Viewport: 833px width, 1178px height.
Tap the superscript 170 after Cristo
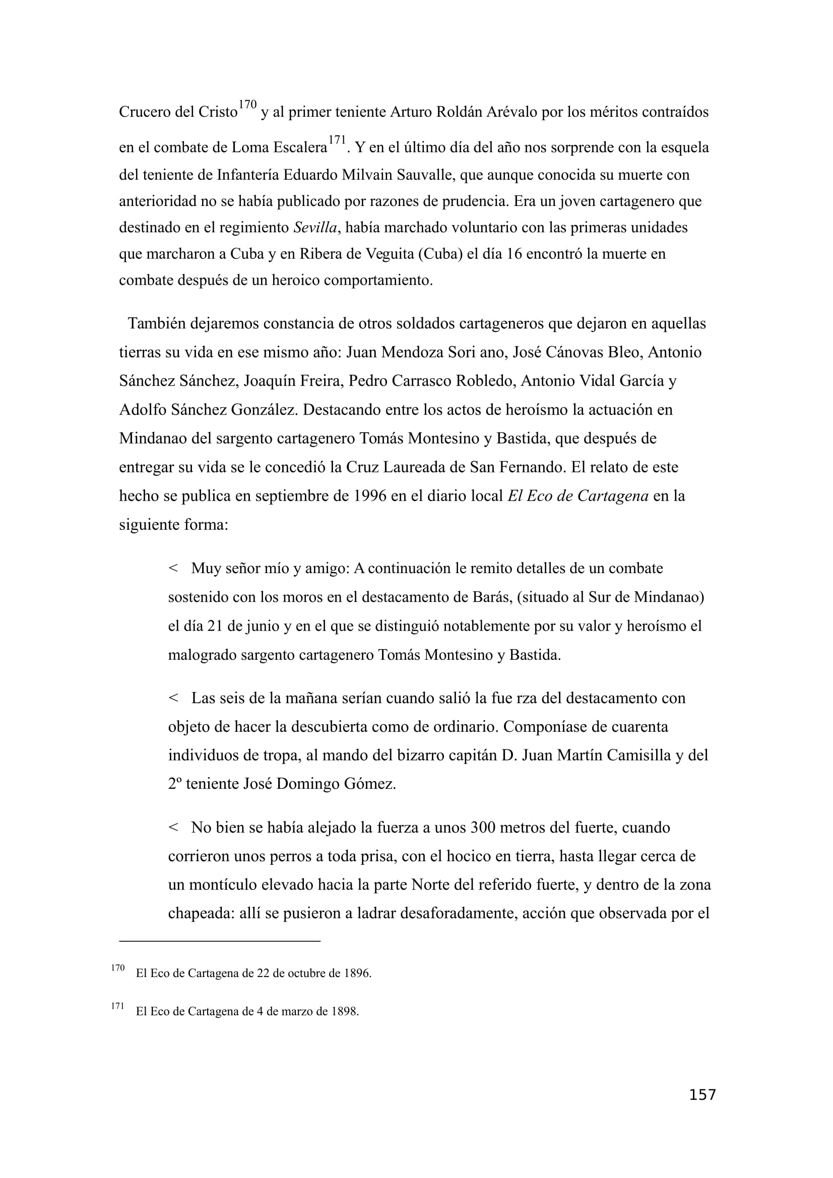[x=247, y=105]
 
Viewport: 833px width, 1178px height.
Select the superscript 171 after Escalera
[x=337, y=140]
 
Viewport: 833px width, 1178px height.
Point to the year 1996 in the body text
[x=370, y=496]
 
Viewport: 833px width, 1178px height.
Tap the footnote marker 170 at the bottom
[x=117, y=967]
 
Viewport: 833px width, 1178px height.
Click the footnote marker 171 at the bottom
[x=117, y=1006]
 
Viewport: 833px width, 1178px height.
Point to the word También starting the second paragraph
[x=157, y=324]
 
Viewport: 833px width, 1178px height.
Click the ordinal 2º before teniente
[x=175, y=784]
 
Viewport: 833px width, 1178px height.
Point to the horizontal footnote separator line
[x=220, y=941]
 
